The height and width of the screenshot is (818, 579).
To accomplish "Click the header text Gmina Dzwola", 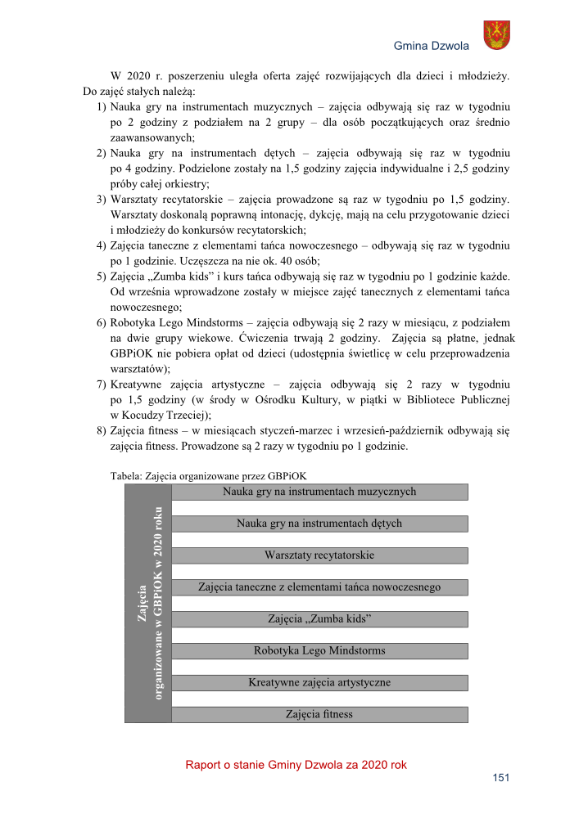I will point(432,47).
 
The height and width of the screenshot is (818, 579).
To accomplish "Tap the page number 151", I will point(500,778).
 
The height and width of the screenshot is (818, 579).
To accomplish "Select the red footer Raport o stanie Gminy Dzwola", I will point(296,765).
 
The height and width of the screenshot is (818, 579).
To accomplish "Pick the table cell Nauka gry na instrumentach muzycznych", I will point(319,492).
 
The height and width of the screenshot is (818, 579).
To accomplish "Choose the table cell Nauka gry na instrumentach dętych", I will point(319,524).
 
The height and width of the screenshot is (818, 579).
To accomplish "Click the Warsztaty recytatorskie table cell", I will point(319,555).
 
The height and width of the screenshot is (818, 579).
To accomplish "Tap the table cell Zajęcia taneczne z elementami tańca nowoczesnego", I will point(319,587).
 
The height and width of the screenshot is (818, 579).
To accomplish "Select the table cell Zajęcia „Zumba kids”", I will point(319,618).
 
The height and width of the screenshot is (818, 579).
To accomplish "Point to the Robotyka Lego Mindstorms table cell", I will point(319,651).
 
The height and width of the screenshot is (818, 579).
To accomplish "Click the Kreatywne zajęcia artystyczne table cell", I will point(319,682).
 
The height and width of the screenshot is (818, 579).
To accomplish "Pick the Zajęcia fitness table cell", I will point(319,714).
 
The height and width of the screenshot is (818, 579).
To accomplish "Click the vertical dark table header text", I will point(148,603).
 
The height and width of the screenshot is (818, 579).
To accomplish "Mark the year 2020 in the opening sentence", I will point(142,76).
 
